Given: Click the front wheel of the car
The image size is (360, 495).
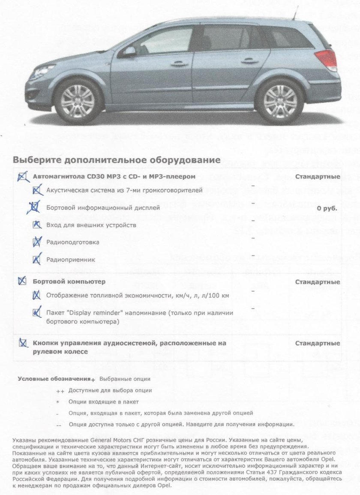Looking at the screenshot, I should point(78,101).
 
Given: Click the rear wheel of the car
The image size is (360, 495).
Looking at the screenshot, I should point(280,101).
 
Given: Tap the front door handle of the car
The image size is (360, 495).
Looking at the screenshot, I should point(179,64).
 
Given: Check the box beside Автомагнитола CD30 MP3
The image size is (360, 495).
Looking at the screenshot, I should point(22,177).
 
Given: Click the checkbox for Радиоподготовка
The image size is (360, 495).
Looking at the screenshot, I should point(37,242).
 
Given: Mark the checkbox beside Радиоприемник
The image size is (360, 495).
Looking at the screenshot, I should point(37,259).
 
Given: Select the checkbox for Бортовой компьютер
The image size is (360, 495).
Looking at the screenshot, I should point(22,282).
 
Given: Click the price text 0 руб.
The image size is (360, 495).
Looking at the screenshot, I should point(327,208).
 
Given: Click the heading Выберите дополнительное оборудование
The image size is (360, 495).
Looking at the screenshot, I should point(117,160).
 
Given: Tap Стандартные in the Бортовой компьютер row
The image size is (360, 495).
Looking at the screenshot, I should point(318,282).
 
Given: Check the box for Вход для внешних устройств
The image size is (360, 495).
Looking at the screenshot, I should point(37,225).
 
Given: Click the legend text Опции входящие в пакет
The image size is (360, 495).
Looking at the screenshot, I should point(103,402).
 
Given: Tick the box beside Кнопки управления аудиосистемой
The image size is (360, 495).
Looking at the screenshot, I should point(23,343).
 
